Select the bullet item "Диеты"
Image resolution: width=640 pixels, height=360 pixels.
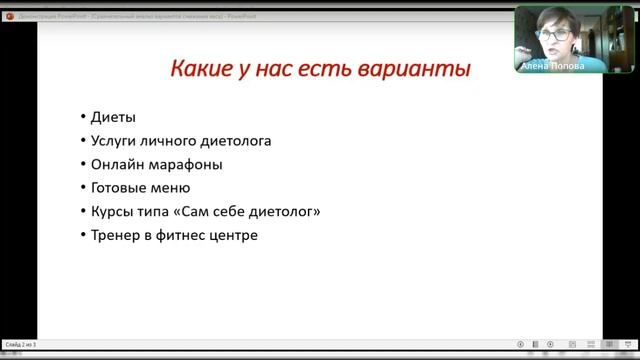pyautogui.click(x=113, y=118)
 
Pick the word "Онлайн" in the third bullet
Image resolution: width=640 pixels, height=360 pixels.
pyautogui.click(x=118, y=164)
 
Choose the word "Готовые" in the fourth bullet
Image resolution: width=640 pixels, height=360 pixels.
pyautogui.click(x=121, y=187)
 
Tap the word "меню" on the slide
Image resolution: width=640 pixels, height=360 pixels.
pyautogui.click(x=171, y=187)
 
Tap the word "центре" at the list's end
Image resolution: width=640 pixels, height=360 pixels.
pyautogui.click(x=236, y=235)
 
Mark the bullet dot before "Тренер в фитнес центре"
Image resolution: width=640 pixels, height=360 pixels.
pyautogui.click(x=81, y=236)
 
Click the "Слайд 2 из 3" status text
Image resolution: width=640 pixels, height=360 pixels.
pyautogui.click(x=20, y=344)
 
